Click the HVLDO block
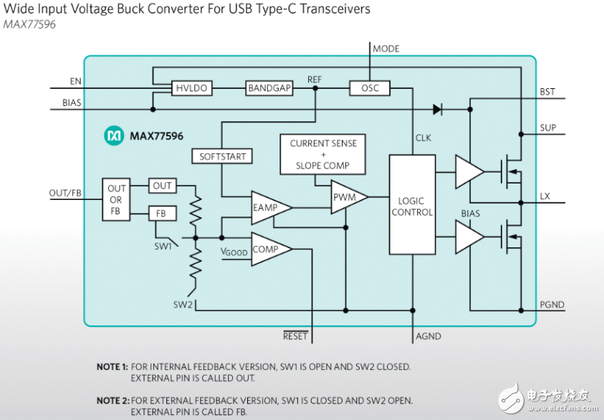coord(191,88)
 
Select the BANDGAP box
coord(269,88)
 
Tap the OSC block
coord(370,88)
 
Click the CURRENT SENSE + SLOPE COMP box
coord(323,154)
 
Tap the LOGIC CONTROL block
coord(412,206)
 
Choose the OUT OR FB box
coord(116,200)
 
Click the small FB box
coord(162,214)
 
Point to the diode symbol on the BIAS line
coord(438,110)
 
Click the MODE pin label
coord(386,49)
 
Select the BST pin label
coord(548,92)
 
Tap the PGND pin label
coord(552,305)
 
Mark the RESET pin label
coord(295,335)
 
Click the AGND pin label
coord(428,335)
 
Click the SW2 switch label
coord(183,304)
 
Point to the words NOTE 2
coord(112,400)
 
